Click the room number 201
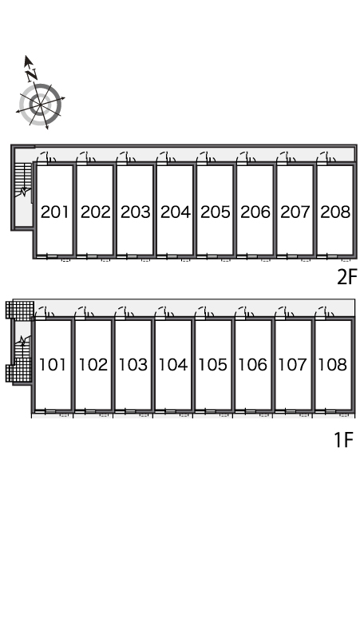[55, 212]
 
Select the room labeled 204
[176, 212]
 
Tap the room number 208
[335, 212]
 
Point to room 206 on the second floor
[255, 212]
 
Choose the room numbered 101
[53, 365]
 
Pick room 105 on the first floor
[212, 365]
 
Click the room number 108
[333, 365]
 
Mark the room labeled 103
[133, 365]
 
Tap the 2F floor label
[346, 277]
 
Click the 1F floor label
[344, 440]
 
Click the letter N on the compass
[32, 74]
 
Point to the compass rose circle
[41, 105]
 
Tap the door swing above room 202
[86, 157]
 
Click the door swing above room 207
[286, 157]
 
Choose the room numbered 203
[136, 212]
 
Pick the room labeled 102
[93, 365]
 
